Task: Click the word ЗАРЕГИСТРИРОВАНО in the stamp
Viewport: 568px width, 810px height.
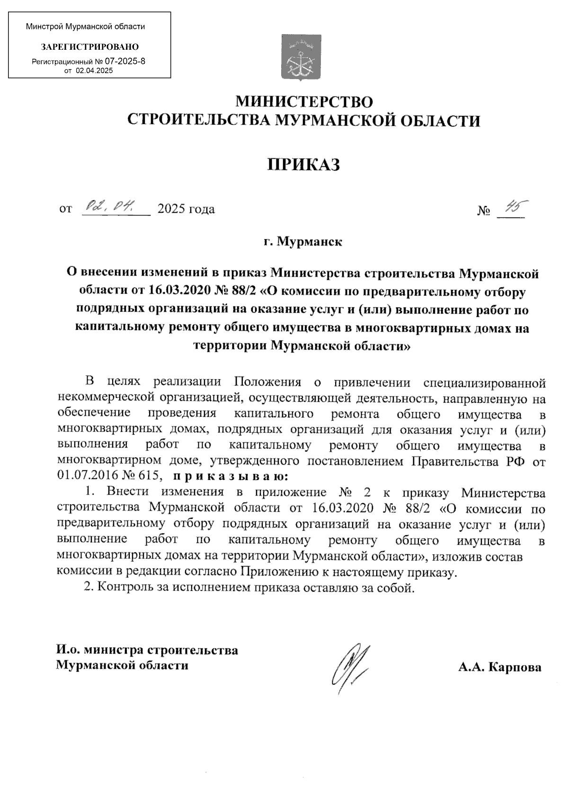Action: (90, 47)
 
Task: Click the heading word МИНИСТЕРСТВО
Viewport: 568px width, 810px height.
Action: (304, 102)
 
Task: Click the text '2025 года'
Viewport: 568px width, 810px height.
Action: (186, 209)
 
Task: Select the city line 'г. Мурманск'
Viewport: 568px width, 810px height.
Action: (303, 242)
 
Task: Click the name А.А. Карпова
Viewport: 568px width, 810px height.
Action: (500, 667)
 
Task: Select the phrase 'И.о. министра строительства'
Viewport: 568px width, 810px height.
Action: (147, 650)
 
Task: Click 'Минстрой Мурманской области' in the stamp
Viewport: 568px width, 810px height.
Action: (85, 27)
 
